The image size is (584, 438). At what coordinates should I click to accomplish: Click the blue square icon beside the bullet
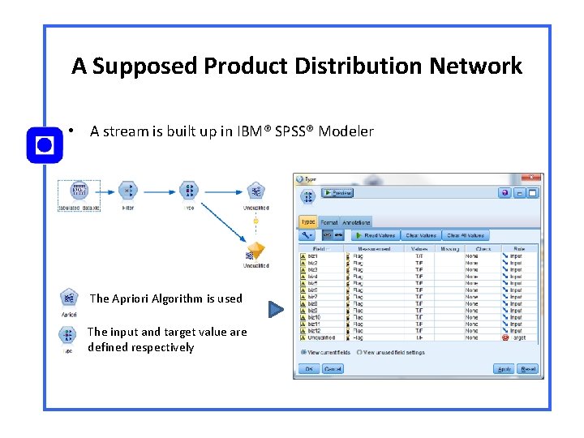45,146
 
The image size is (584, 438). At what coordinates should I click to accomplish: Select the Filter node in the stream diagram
128,191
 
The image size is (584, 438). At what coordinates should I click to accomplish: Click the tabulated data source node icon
79,191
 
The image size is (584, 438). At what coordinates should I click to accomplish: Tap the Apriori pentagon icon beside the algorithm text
69,298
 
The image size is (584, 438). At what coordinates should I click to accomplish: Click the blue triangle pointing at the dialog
277,309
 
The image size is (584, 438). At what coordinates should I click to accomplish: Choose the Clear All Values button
466,235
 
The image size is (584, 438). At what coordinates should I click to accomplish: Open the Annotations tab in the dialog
355,222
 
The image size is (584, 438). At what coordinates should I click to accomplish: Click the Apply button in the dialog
504,369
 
